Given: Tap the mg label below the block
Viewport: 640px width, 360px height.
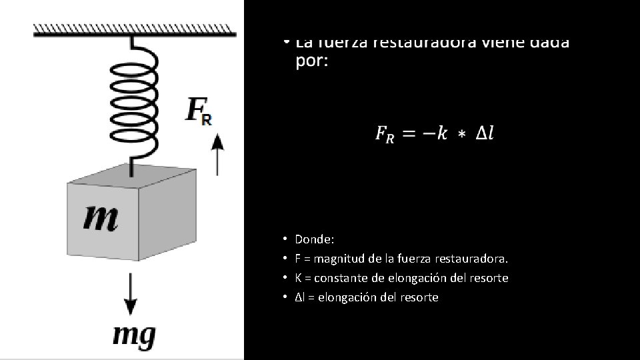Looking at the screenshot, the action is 134,335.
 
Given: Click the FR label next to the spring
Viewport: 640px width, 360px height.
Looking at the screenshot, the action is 199,111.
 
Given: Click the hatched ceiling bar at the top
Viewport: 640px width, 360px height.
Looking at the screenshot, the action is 134,29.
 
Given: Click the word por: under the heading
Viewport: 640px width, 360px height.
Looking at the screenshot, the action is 311,62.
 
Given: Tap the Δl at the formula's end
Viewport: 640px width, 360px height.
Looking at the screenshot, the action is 485,133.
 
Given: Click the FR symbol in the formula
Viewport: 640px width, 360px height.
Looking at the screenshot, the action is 385,135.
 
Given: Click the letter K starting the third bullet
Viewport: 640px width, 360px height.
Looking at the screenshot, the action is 298,277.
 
